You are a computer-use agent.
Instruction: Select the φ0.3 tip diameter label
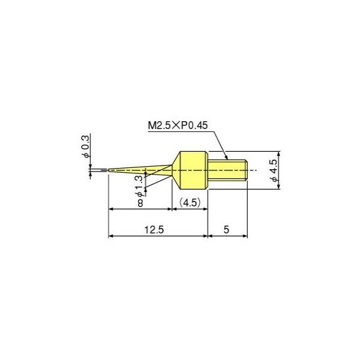(x=86, y=147)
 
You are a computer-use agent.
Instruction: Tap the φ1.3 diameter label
(x=139, y=185)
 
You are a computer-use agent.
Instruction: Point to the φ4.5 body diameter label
(x=274, y=170)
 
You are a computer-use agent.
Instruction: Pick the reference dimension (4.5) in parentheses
(x=190, y=203)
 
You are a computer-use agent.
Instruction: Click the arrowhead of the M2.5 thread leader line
(x=227, y=159)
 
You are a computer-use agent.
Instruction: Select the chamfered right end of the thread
(x=246, y=170)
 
